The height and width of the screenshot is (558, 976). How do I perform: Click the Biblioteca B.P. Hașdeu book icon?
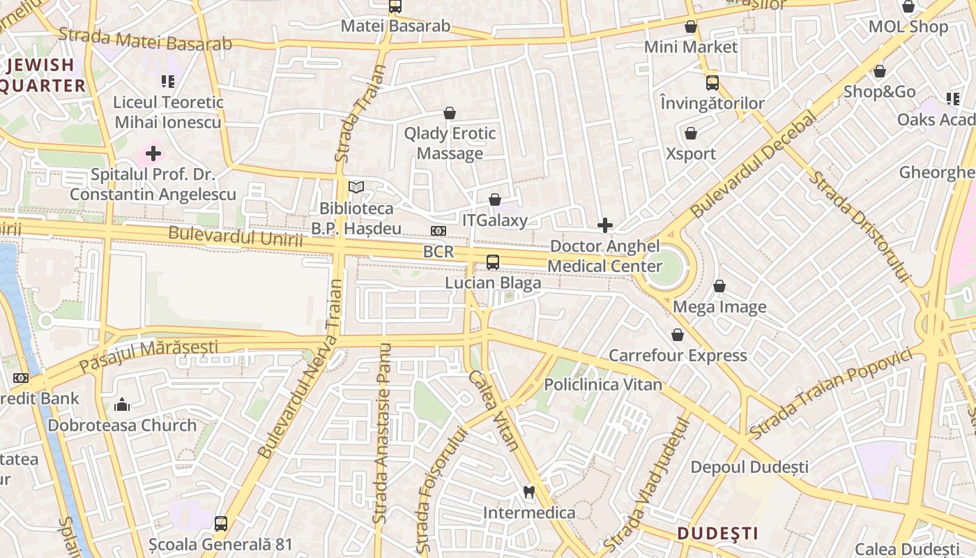click(x=356, y=187)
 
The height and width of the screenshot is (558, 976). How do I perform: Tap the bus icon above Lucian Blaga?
click(x=493, y=262)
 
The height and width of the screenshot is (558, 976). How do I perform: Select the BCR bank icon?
click(x=439, y=231)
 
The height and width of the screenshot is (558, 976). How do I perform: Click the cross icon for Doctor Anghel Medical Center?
click(x=605, y=225)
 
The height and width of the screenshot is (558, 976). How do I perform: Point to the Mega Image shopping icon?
click(x=719, y=286)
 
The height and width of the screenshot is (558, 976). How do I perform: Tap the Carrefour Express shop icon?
click(x=678, y=335)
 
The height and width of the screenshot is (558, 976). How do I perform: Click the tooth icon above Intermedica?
click(x=529, y=492)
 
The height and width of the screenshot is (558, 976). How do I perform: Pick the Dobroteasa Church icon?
click(x=122, y=405)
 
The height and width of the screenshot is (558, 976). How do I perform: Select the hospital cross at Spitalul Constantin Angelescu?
click(x=153, y=153)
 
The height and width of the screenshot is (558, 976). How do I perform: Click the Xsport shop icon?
click(x=691, y=133)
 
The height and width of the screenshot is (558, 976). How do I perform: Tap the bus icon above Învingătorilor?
click(x=712, y=83)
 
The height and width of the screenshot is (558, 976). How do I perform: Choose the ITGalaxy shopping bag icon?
click(x=495, y=199)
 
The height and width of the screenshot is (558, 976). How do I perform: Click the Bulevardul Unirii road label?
click(x=236, y=237)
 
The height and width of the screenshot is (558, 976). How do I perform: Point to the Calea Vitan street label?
click(x=492, y=410)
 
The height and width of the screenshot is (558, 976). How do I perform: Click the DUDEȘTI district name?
click(x=717, y=534)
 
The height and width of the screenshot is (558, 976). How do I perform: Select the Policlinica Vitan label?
click(x=603, y=384)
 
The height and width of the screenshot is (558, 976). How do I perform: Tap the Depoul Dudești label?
click(x=749, y=467)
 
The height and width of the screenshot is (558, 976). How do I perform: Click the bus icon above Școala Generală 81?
click(x=221, y=523)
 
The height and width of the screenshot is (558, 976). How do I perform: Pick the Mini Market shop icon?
click(x=691, y=27)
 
